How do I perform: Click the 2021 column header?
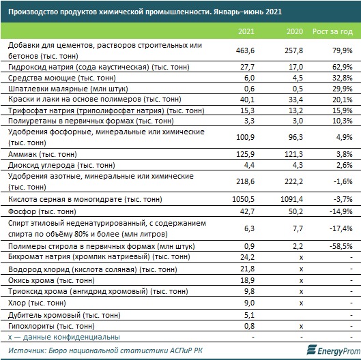click(246, 31)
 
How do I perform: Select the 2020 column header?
click(295, 31)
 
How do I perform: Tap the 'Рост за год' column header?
click(332, 31)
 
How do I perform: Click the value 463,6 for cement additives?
click(245, 50)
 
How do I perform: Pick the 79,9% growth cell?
click(343, 50)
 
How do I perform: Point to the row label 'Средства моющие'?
click(42, 78)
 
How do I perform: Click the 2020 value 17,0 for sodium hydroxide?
click(296, 67)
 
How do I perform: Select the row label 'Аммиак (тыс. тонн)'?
click(42, 154)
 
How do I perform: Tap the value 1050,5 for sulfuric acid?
click(244, 199)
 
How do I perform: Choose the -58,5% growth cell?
click(341, 246)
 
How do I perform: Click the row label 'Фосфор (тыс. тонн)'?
click(42, 211)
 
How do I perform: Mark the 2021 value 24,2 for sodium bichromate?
click(248, 257)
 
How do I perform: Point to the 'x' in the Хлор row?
click(301, 303)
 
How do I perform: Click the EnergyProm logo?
click(334, 350)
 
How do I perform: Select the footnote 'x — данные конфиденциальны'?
click(64, 337)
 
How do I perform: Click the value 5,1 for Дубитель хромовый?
click(249, 315)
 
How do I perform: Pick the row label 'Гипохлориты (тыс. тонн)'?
click(51, 326)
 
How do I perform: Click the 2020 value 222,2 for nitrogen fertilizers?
click(293, 181)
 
